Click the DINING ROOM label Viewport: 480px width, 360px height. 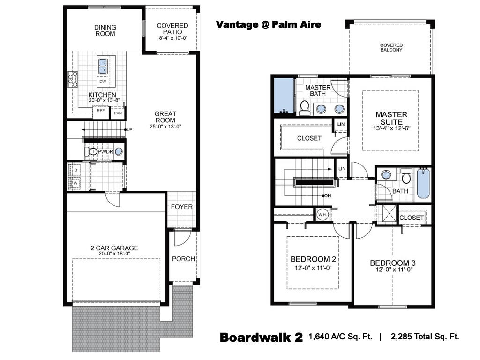[x=105, y=30]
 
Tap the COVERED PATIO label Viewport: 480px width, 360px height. [x=172, y=29]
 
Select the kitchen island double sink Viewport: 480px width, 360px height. [x=103, y=66]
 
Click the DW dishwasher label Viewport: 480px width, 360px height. [x=103, y=82]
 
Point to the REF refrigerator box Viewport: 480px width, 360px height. [x=101, y=112]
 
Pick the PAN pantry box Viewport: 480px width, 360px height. [x=118, y=113]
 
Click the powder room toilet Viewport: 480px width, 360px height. [x=91, y=151]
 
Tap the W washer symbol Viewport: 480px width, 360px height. [x=75, y=183]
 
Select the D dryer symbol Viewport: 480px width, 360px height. [x=75, y=170]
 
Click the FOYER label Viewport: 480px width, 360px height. [x=182, y=207]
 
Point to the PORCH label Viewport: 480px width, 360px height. [x=183, y=259]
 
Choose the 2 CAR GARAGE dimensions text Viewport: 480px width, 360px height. [x=114, y=254]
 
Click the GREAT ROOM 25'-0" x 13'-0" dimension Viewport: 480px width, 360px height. [x=165, y=127]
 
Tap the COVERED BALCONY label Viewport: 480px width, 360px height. [x=391, y=47]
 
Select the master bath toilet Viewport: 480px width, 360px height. [x=305, y=108]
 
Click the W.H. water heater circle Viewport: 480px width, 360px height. [x=322, y=215]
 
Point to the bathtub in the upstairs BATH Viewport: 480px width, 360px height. [x=423, y=183]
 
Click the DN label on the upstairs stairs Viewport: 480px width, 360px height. [x=328, y=195]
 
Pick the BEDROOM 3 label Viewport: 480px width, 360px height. [x=393, y=263]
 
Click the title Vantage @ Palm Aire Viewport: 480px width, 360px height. [x=269, y=24]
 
